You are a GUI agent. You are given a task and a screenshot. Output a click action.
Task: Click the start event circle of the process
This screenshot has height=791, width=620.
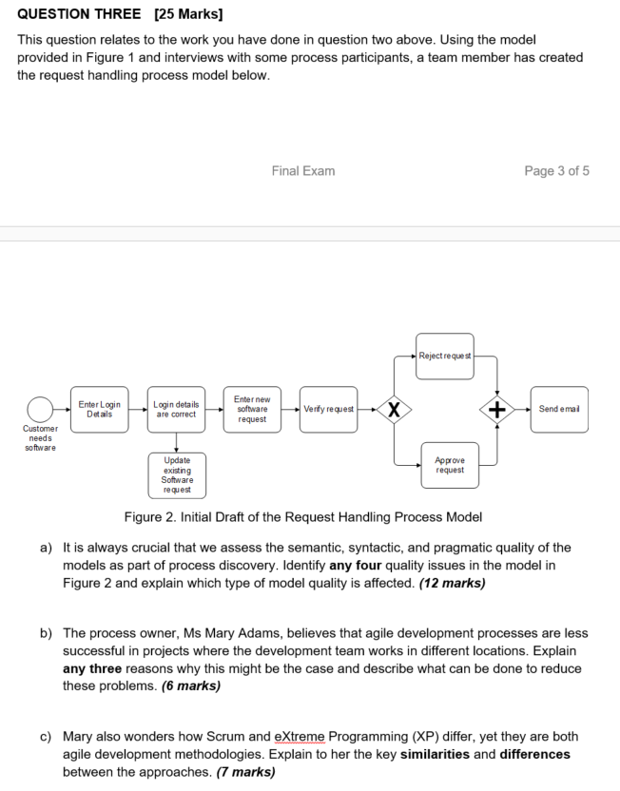click(40, 410)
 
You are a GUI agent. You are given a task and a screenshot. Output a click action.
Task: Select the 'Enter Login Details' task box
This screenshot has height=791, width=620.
click(99, 410)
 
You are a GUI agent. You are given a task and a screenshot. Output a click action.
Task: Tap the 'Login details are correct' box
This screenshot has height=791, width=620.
click(176, 410)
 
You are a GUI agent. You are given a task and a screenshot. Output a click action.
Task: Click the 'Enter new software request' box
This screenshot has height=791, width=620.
click(252, 410)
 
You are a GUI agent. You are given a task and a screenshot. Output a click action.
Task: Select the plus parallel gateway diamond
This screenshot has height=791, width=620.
click(496, 410)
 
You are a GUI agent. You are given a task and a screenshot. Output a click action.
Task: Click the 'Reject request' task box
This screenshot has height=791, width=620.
click(444, 357)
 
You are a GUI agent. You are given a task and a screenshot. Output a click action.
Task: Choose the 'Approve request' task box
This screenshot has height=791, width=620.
click(450, 465)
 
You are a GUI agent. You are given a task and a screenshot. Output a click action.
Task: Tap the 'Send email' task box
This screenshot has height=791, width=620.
click(558, 410)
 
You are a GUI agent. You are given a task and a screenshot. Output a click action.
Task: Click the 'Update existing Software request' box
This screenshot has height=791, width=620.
click(176, 474)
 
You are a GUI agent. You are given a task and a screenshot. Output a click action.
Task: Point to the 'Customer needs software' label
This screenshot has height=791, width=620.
click(40, 438)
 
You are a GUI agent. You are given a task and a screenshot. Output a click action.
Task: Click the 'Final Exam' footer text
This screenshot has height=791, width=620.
click(302, 171)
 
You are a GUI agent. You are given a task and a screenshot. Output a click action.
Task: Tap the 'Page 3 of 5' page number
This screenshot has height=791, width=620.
click(556, 171)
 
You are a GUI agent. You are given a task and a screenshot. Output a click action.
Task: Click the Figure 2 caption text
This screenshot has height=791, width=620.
click(303, 517)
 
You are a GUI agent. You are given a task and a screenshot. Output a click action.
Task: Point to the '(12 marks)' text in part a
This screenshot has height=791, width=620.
click(452, 583)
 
